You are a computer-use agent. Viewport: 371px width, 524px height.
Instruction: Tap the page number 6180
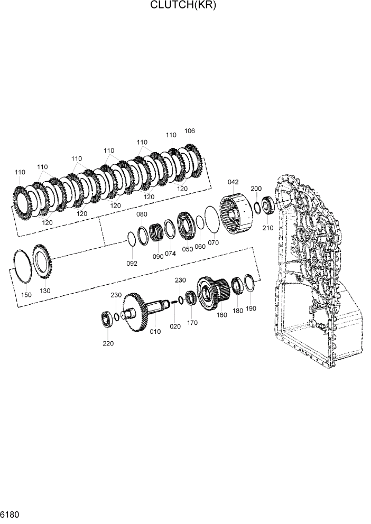[x=11, y=514]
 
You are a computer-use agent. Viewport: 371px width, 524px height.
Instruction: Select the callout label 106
[x=190, y=131]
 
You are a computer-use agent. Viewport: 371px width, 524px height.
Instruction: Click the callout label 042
[x=234, y=182]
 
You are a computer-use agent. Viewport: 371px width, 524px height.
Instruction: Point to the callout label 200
[x=256, y=189]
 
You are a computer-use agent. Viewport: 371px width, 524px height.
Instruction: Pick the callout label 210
[x=268, y=228]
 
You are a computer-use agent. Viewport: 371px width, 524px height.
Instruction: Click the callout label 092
[x=132, y=263]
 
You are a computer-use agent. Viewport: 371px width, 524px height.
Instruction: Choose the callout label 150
[x=26, y=295]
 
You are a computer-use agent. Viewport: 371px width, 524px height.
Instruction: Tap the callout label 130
[x=45, y=291]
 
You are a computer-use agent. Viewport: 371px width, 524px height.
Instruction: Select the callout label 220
[x=108, y=343]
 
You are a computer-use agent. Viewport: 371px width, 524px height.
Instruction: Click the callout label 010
[x=155, y=332]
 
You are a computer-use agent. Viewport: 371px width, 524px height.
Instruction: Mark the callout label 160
[x=221, y=315]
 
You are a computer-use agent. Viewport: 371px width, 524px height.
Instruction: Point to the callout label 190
[x=251, y=308]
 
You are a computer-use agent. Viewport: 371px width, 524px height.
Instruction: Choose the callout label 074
[x=170, y=254]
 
